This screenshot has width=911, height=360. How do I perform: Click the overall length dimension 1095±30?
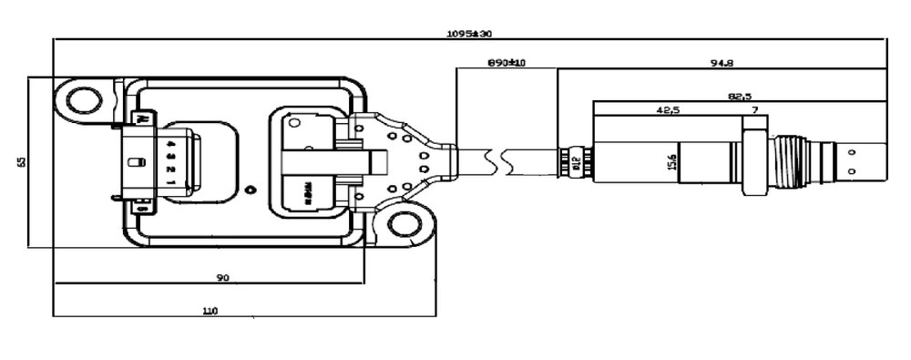tap(469, 34)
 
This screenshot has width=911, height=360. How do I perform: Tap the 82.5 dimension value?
tap(739, 95)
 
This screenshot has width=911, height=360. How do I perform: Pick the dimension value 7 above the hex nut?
tap(753, 109)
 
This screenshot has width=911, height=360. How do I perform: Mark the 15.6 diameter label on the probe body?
tap(672, 160)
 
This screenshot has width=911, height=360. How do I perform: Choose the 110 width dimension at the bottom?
tap(210, 310)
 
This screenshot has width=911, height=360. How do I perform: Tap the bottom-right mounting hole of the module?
tap(404, 224)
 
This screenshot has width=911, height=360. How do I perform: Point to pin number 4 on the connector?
tap(170, 143)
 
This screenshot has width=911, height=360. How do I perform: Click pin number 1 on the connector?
tap(170, 181)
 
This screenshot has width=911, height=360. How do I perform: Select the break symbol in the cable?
tap(495, 162)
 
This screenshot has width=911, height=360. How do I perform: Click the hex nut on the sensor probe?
tap(753, 161)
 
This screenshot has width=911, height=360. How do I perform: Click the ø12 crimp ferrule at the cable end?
tap(574, 162)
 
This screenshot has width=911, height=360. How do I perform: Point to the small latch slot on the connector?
tap(134, 163)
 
